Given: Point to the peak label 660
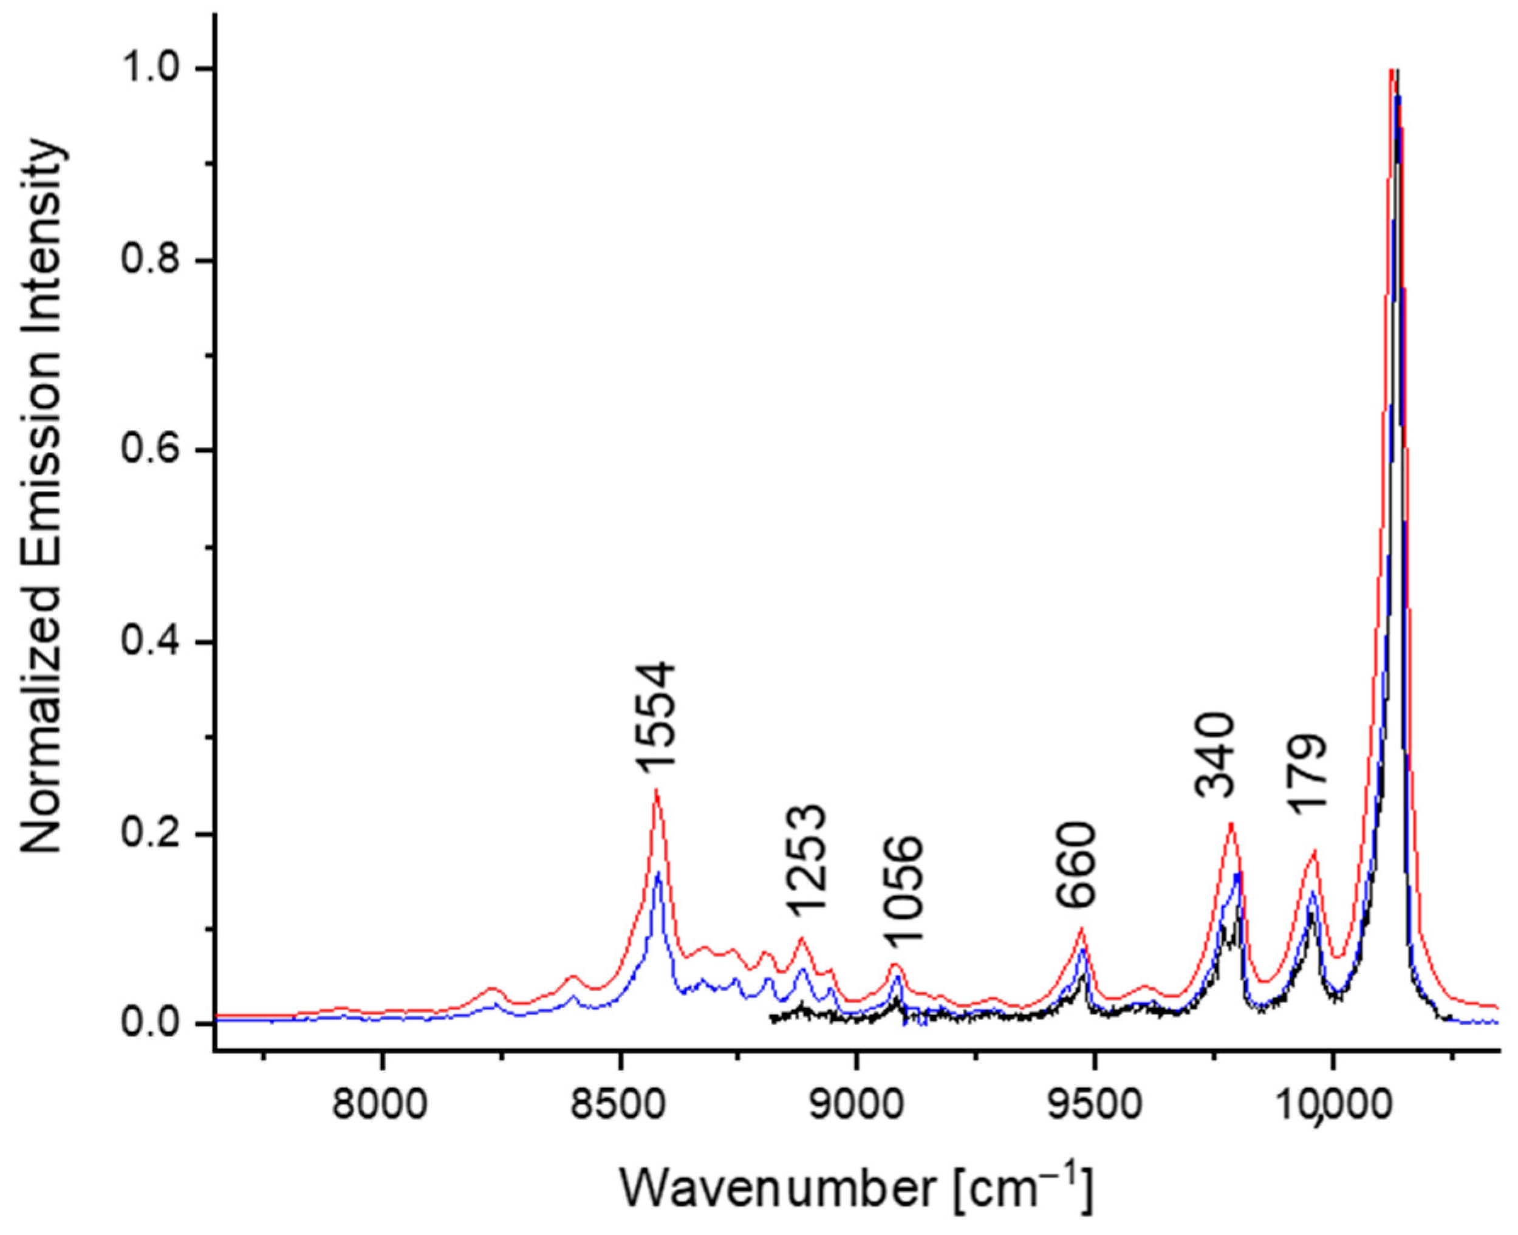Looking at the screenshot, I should coord(1074,866).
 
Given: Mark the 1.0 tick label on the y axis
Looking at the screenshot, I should coord(152,70).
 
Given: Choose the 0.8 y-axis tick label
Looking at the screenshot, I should coord(152,261).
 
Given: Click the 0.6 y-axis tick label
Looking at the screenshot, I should coord(152,451).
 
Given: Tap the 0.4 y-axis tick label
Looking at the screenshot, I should coord(152,642).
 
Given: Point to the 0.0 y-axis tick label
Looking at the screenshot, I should coord(152,1024).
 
